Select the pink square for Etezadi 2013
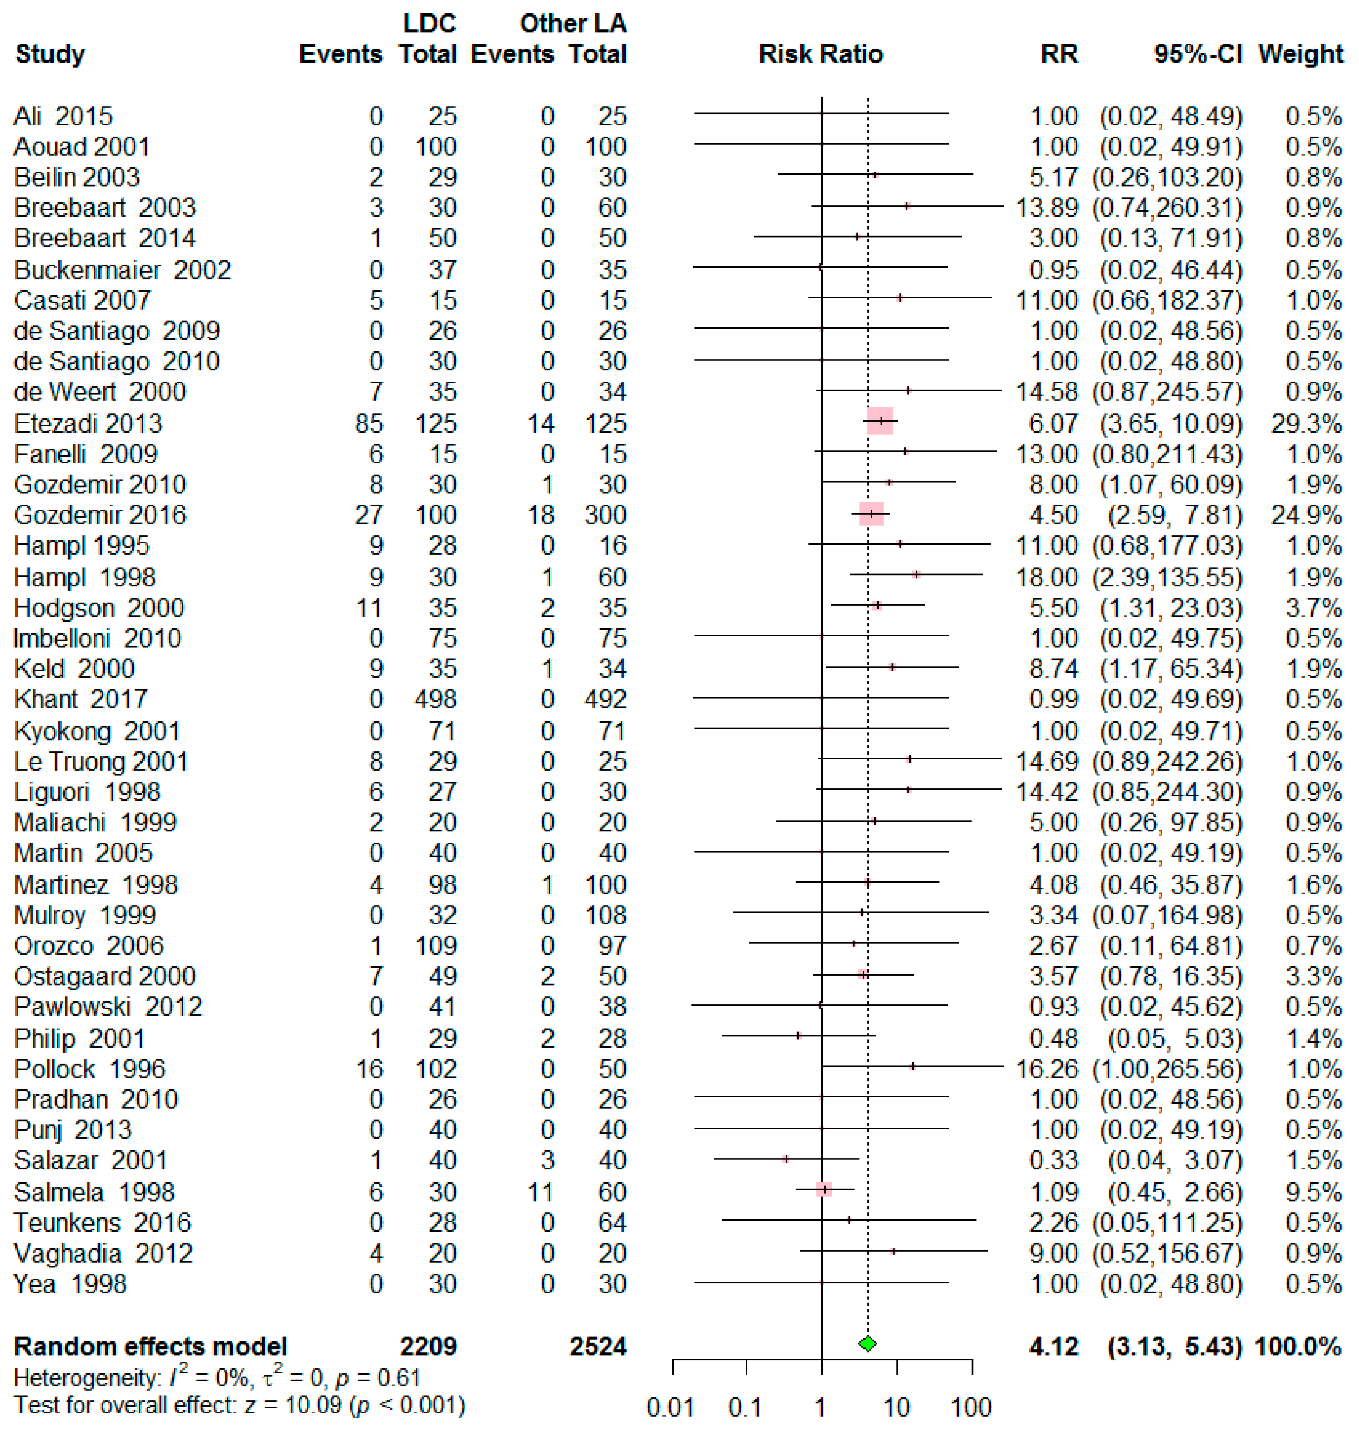880,421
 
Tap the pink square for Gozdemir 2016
872,513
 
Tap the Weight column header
1301,54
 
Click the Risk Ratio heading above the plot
821,54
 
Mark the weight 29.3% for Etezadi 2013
1306,424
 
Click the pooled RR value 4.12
1054,1346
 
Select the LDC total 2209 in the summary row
428,1346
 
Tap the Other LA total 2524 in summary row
598,1346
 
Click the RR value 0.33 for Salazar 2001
1054,1160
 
